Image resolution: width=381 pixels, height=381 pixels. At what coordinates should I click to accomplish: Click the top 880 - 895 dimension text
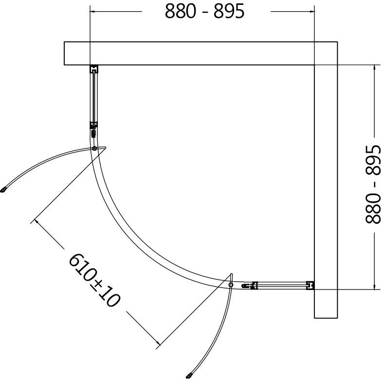[x=204, y=11]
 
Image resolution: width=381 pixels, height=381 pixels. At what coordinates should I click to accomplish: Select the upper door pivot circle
[x=94, y=148]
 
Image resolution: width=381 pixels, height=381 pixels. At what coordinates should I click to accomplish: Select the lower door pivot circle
[x=231, y=285]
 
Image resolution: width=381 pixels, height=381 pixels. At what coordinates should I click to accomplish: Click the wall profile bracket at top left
[x=94, y=69]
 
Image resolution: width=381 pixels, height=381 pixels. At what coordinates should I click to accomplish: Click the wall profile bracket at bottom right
[x=310, y=286]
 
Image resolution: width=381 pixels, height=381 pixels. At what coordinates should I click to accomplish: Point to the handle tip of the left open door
[x=3, y=190]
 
